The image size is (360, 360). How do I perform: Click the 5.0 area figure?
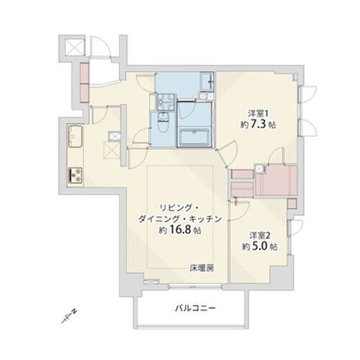click(x=258, y=247)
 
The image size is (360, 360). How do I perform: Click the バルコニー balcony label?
click(x=194, y=308)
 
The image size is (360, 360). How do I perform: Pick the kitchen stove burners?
click(x=74, y=174)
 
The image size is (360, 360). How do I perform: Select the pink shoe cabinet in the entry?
click(x=84, y=75)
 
